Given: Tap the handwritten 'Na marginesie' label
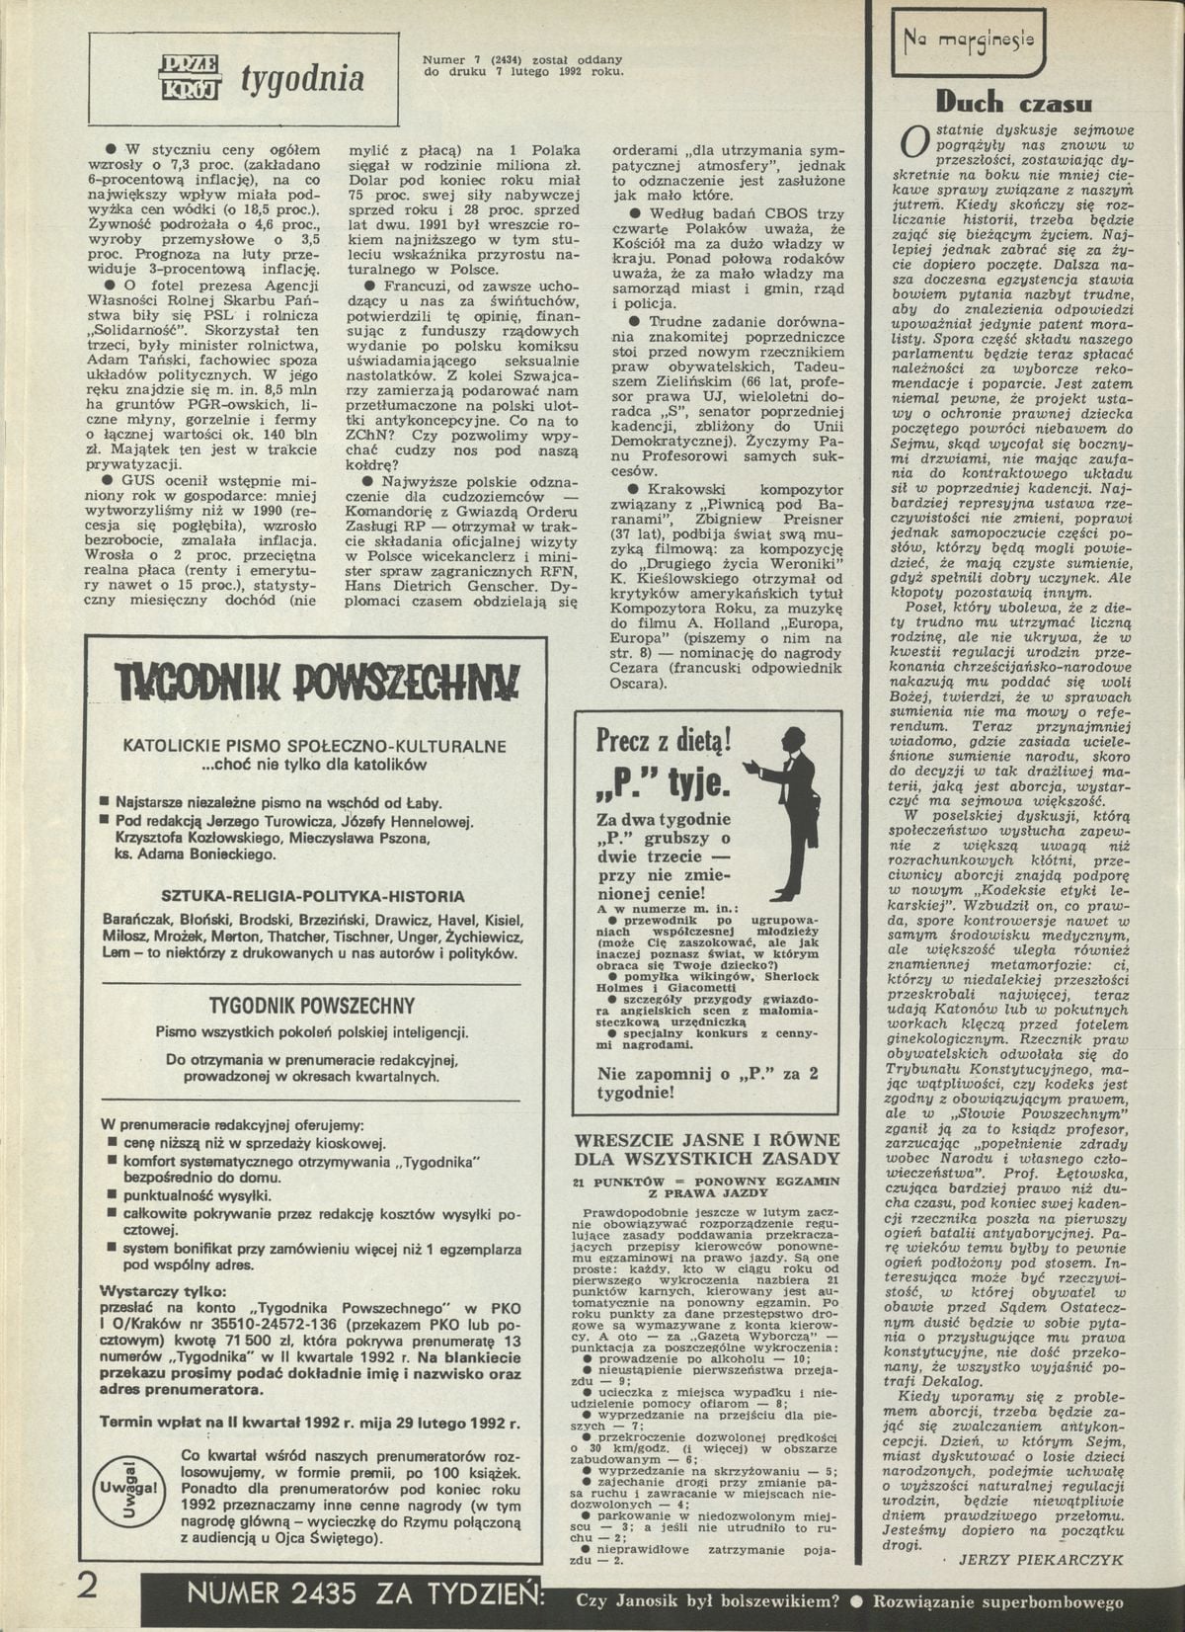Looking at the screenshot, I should [968, 41].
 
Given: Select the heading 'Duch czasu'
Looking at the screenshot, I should [1013, 102].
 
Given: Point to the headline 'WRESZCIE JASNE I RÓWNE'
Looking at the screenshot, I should [707, 1139].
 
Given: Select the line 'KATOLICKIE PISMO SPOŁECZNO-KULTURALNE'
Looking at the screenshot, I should [314, 746].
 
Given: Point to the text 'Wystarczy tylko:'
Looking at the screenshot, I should [164, 1290].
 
